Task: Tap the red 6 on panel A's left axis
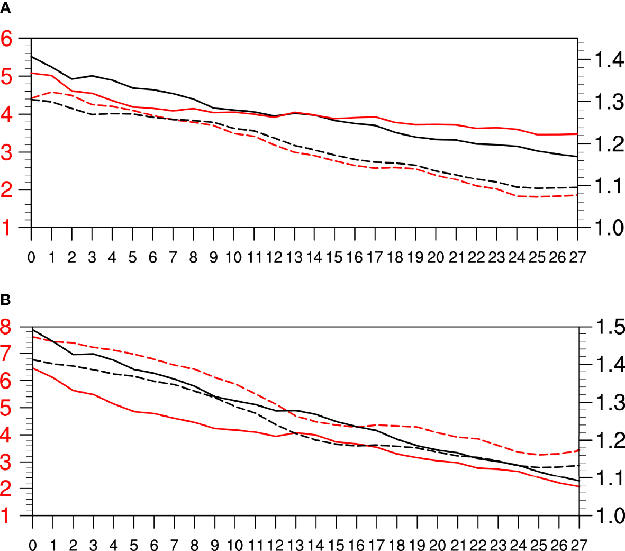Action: pos(7,38)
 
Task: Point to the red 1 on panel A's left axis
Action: pos(7,228)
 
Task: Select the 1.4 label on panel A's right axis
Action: pos(609,60)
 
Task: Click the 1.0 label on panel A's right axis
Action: pos(609,228)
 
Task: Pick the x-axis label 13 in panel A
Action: pos(294,258)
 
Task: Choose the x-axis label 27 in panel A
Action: pos(577,258)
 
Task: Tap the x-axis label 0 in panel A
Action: pos(32,258)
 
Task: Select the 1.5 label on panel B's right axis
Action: pos(610,327)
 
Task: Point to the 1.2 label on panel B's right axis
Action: pos(610,440)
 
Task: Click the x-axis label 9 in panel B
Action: pos(215,545)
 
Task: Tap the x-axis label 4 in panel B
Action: pos(114,545)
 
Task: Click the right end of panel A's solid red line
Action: pos(577,134)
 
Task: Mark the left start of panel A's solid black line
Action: pos(32,56)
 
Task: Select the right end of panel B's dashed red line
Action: pos(579,450)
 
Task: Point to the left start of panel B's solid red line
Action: pos(33,368)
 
